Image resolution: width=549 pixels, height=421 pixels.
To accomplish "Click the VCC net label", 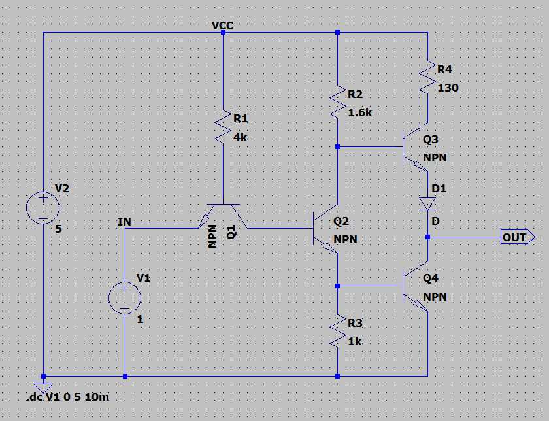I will (x=222, y=25).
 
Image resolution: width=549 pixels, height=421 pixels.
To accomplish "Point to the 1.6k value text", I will (x=359, y=112).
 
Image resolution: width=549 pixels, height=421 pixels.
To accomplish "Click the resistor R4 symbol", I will (x=427, y=77).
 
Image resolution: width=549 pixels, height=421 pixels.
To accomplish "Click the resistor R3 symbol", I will (x=337, y=331).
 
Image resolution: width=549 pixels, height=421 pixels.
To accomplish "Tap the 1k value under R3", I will (x=354, y=341).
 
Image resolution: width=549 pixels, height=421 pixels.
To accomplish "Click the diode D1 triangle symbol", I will (x=427, y=203).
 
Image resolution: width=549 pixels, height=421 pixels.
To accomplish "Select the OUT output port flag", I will (x=517, y=237).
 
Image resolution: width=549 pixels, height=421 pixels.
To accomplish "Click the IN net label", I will (x=124, y=222).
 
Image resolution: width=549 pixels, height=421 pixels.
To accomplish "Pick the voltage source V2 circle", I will (x=42, y=209).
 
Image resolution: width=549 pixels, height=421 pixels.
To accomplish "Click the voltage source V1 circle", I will (x=124, y=299).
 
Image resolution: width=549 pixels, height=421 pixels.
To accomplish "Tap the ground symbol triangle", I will (x=43, y=388).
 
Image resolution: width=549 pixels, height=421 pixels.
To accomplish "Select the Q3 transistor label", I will (x=431, y=139).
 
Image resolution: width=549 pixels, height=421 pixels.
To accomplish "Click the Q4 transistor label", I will (x=431, y=278).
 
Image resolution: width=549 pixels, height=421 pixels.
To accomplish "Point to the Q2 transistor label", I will (x=341, y=222).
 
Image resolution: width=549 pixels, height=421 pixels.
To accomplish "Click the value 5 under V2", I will (x=58, y=229).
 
